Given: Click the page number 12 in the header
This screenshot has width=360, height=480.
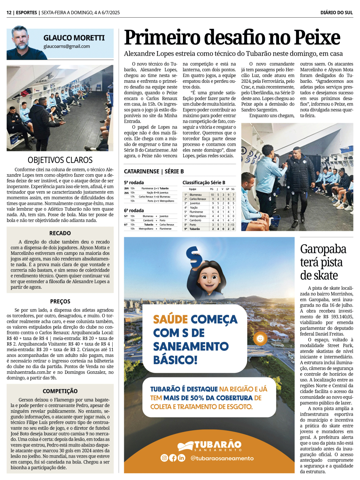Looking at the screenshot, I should click(9, 13).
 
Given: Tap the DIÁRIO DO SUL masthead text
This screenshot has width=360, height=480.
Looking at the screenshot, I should click(336, 13).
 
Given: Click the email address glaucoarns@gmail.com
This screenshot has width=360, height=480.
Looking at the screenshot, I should click(67, 46).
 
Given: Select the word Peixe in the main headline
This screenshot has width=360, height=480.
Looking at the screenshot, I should click(317, 38).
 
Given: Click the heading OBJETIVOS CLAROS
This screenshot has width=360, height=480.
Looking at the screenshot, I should click(60, 160).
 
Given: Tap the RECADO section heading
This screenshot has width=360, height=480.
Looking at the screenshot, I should click(60, 233).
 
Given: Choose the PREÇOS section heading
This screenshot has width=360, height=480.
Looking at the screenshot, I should click(60, 302).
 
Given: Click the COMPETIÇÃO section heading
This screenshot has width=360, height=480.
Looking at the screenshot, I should click(60, 391).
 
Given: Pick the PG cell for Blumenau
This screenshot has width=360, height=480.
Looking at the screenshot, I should click(212, 195).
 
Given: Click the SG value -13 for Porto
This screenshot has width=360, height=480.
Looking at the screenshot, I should click(233, 225).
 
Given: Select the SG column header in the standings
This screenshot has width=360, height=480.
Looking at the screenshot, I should click(233, 189).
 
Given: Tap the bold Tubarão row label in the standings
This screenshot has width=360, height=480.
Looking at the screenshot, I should click(195, 229).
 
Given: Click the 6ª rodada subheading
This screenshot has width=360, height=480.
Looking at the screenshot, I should click(134, 210).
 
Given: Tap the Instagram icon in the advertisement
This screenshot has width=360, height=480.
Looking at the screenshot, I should click(164, 458).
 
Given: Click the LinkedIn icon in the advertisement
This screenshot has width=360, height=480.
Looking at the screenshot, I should click(181, 458).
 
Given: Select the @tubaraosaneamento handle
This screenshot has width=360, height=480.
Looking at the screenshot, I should click(222, 458).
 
